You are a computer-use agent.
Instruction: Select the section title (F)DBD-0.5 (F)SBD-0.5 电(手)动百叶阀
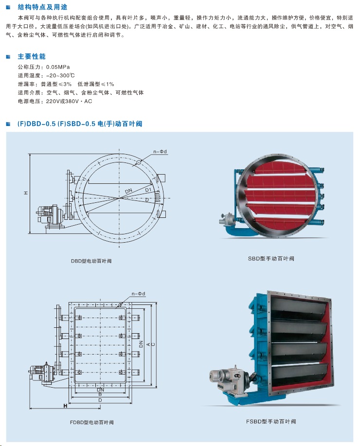click(80, 124)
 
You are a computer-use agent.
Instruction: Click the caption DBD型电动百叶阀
click(91, 261)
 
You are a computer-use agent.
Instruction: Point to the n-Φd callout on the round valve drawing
click(160, 152)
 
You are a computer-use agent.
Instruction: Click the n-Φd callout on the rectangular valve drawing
click(139, 294)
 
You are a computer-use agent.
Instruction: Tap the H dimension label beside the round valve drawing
click(26, 193)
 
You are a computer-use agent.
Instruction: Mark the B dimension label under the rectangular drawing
click(100, 394)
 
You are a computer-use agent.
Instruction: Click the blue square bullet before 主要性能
click(8, 57)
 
